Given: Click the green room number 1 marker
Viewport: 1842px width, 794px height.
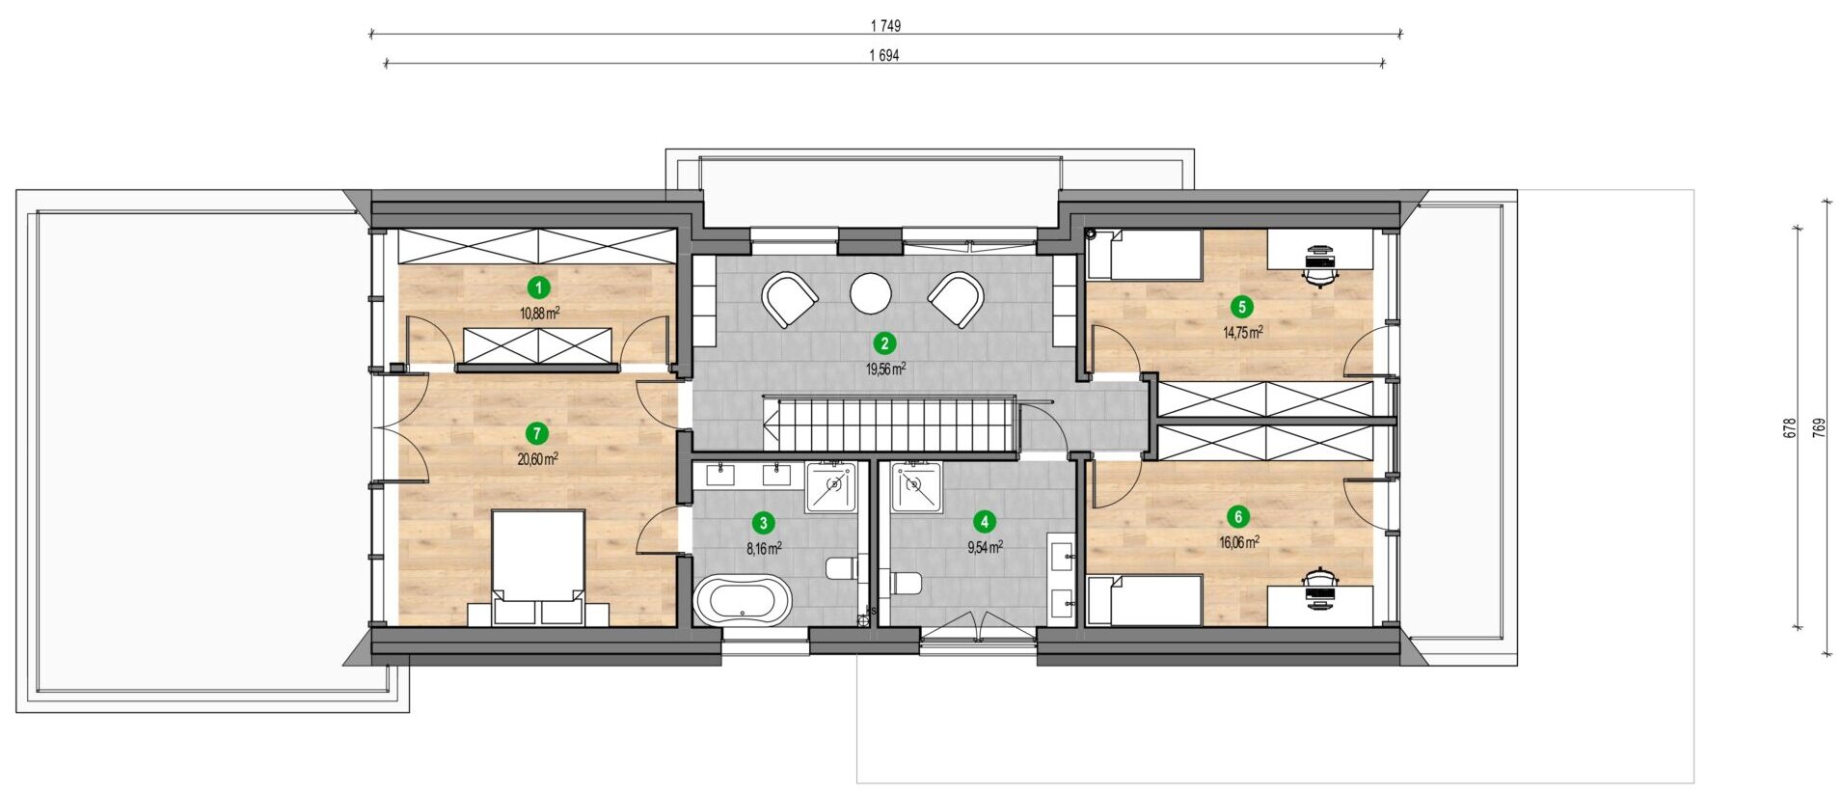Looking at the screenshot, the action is coord(539,287).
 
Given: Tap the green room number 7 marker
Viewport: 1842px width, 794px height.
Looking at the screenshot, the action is coord(537,434).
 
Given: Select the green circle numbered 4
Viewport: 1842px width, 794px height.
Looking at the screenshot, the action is coord(984,522).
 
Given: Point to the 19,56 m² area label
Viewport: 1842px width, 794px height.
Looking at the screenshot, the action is coord(885,369).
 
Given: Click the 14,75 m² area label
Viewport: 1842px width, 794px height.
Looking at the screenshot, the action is coord(1243,332).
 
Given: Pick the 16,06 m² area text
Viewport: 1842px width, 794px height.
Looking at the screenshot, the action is coord(1239,542).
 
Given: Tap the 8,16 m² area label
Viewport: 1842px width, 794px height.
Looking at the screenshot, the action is coord(764,548).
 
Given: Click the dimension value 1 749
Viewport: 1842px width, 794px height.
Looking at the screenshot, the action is coord(884,26).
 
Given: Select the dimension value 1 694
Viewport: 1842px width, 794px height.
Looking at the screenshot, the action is coord(884,56).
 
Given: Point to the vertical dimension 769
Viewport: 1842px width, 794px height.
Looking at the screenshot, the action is coord(1819,428).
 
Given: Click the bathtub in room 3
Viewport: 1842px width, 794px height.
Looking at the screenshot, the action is coord(744,600).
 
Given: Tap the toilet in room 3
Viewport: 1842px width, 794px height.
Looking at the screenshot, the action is coord(842,567).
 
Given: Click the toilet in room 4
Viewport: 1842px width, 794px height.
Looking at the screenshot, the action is coord(906,583).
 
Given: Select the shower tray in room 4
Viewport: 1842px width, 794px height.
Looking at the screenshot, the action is coord(916,487).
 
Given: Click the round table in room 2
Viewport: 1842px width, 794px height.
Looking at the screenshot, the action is coord(871,293).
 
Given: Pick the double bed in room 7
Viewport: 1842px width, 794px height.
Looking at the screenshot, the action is coord(538,567).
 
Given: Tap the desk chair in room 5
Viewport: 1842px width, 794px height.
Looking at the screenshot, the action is coord(1320,264).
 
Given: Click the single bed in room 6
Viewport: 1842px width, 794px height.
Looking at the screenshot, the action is coord(1145,600).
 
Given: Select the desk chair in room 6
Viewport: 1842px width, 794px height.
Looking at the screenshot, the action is coord(1320,589).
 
